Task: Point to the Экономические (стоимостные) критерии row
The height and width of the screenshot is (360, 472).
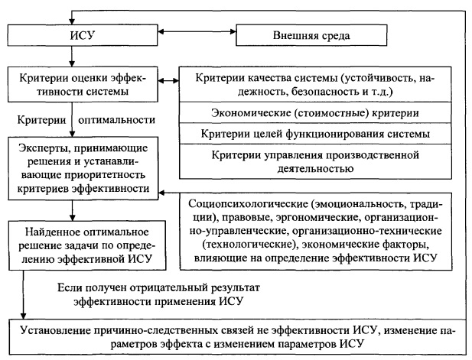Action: (319, 113)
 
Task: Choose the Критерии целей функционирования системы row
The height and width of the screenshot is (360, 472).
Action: (319, 134)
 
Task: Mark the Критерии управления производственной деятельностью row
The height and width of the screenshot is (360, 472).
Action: (319, 162)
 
